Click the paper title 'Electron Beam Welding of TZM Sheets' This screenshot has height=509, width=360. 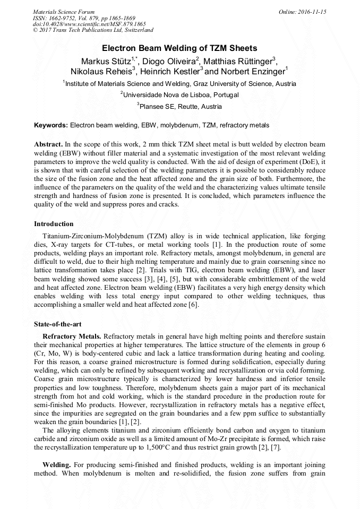[179, 48]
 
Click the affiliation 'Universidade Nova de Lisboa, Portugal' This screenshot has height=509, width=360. [180, 95]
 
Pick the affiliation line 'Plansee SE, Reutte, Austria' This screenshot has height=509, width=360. [180, 106]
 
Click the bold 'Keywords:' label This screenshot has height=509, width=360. [51, 125]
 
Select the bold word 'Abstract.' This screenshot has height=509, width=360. [48, 144]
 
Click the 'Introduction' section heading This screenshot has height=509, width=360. [54, 224]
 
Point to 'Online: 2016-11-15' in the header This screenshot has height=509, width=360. [302, 12]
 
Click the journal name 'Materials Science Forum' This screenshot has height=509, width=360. [64, 12]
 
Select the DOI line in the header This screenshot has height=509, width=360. [89, 24]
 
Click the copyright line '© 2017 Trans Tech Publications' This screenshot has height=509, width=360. [93, 30]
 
